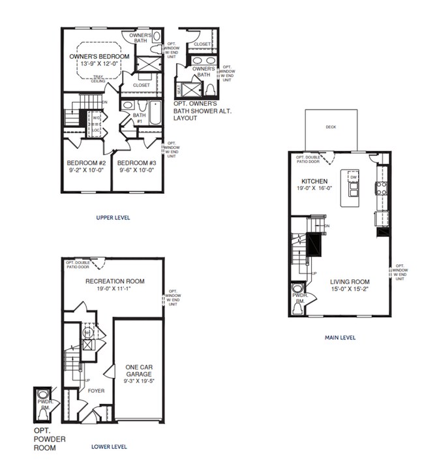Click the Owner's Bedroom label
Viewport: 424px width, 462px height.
click(99, 57)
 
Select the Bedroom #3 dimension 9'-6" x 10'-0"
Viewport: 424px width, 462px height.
click(137, 170)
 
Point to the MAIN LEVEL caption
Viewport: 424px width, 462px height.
click(340, 337)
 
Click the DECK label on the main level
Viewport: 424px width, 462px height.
click(331, 127)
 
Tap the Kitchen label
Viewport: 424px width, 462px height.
click(314, 181)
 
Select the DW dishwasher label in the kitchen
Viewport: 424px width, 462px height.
click(352, 177)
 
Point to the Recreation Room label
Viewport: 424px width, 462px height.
click(115, 281)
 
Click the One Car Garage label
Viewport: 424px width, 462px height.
click(138, 371)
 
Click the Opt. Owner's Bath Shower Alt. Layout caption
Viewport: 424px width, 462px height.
click(202, 111)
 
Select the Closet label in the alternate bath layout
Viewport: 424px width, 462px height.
click(202, 44)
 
